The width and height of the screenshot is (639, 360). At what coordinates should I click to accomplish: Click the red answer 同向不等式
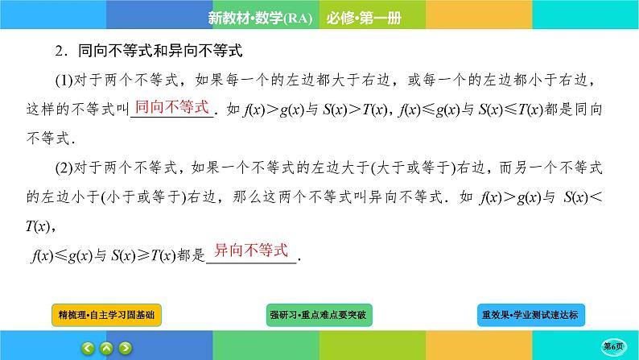coord(171,106)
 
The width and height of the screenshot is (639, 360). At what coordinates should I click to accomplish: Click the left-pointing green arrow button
coord(88,348)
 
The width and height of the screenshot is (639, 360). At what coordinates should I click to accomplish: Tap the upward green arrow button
coord(107,348)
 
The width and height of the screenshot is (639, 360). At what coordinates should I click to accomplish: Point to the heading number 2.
coord(47,52)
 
